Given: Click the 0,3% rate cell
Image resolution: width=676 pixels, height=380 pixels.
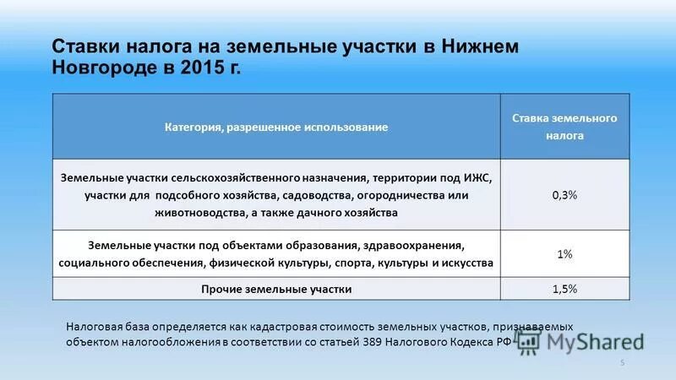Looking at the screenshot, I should (x=564, y=195).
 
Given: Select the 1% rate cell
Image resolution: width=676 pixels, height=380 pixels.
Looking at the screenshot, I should (x=564, y=254).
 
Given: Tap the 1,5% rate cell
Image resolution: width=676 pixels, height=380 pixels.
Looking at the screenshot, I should (x=564, y=289).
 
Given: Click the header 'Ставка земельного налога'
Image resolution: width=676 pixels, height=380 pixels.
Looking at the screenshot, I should (x=564, y=126).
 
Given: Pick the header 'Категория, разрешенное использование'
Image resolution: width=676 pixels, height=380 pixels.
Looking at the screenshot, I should (x=275, y=127).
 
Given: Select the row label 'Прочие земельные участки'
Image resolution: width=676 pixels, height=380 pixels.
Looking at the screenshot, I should (x=275, y=289).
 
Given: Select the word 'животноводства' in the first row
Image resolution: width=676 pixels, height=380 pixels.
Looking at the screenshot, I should (x=195, y=213).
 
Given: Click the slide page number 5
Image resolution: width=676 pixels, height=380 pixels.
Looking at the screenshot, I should (x=622, y=363).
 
